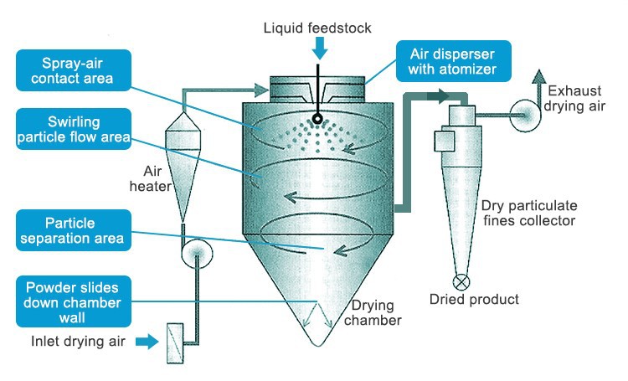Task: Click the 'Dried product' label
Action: click(x=474, y=299)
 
